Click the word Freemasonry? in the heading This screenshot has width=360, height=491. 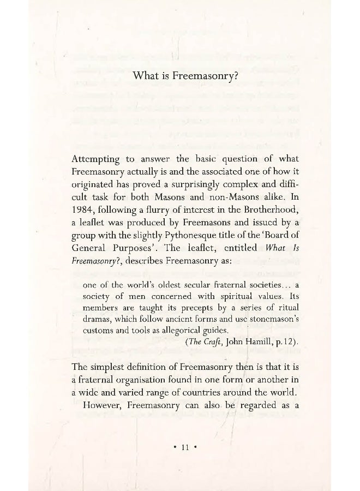click(206, 76)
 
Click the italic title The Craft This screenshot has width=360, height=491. click(203, 342)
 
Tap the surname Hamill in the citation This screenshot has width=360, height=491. click(256, 342)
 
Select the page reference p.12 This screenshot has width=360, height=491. click(284, 342)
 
